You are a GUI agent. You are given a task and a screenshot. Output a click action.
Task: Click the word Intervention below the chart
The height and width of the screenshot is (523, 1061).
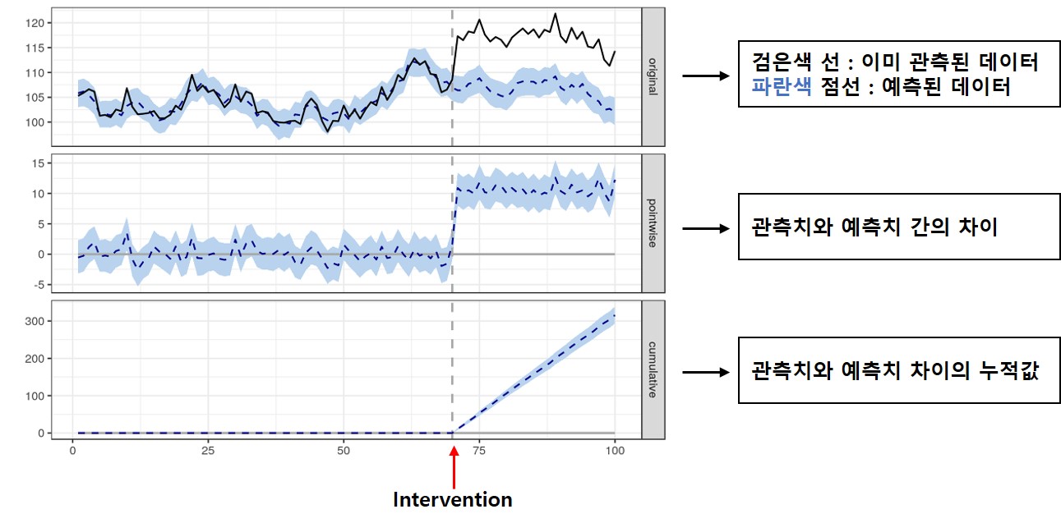coord(452,499)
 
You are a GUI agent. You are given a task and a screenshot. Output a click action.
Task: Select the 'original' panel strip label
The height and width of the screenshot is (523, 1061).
coord(653,76)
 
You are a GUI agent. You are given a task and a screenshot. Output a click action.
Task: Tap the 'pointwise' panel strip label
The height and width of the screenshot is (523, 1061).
coord(653,223)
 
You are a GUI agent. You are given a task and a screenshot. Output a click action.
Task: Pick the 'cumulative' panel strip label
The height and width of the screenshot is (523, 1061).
coord(653,369)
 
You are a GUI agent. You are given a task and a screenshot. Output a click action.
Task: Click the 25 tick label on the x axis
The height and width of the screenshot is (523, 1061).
coord(208,451)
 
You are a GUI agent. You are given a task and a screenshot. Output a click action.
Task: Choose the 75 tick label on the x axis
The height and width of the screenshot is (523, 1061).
coord(479,451)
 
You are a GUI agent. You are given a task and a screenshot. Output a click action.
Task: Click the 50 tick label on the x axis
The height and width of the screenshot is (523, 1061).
coord(344,451)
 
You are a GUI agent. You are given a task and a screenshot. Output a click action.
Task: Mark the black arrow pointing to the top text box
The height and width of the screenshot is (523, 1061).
coord(707,76)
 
